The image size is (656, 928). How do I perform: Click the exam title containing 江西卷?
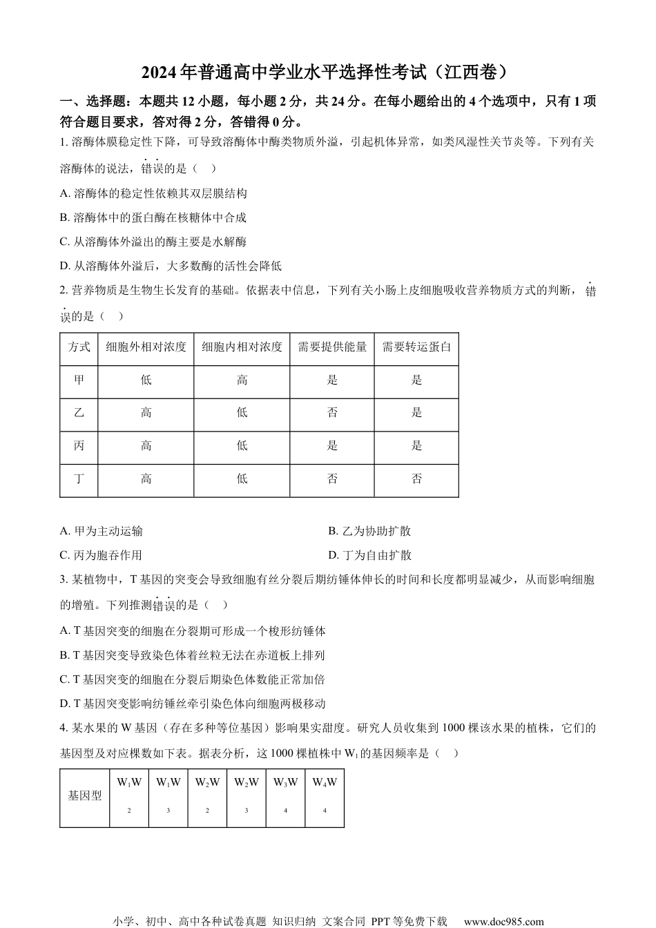tap(328, 71)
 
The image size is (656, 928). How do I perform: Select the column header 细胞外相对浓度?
tap(146, 347)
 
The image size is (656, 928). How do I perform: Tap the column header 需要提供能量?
tap(332, 347)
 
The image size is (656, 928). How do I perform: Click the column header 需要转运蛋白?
tap(416, 347)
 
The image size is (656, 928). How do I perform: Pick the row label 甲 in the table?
tap(79, 380)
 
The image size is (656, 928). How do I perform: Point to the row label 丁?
tap(79, 478)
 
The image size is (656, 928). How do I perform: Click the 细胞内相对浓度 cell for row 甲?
tap(242, 380)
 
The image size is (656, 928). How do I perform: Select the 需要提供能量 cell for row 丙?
tap(332, 445)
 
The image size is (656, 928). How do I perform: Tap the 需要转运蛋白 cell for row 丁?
tap(416, 478)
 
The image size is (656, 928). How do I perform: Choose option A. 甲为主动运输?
tap(102, 531)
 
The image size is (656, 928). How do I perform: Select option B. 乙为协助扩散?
tap(369, 531)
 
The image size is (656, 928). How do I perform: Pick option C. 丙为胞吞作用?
tap(102, 555)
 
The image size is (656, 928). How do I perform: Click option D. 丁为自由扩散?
tap(369, 555)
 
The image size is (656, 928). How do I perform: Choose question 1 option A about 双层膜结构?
tap(153, 193)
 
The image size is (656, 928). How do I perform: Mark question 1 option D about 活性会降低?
tap(171, 266)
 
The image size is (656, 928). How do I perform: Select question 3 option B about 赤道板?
tap(192, 655)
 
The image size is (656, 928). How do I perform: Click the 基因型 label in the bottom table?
tap(84, 796)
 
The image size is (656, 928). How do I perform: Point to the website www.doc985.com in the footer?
tap(503, 921)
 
